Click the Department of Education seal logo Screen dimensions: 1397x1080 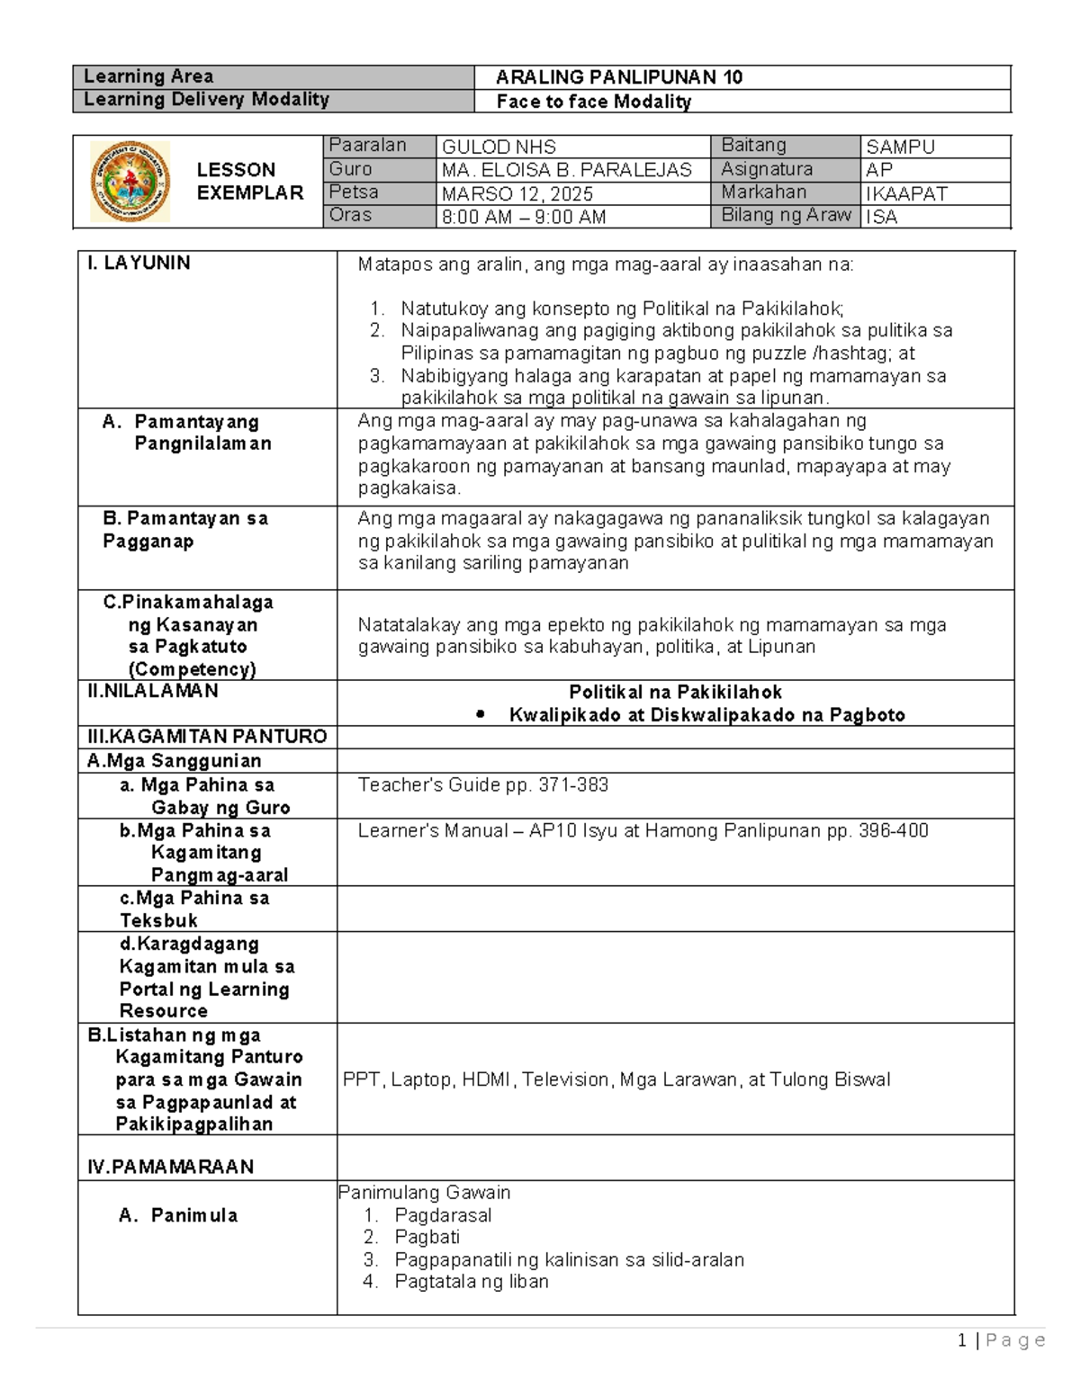pyautogui.click(x=130, y=182)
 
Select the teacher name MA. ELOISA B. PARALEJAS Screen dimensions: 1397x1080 pyautogui.click(x=566, y=170)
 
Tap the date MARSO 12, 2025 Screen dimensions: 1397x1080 pyautogui.click(x=517, y=193)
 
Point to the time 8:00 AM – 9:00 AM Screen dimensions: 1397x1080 pyautogui.click(x=523, y=217)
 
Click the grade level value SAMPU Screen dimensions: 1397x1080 pyautogui.click(x=900, y=148)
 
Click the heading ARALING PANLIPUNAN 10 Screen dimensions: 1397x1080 pyautogui.click(x=619, y=77)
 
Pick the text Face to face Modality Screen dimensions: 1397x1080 pyautogui.click(x=594, y=102)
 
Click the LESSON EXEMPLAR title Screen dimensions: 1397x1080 pyautogui.click(x=249, y=181)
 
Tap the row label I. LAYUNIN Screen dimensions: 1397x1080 pyautogui.click(x=139, y=263)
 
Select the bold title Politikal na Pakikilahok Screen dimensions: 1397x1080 pyautogui.click(x=675, y=692)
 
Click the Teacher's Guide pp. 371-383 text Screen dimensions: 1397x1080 pyautogui.click(x=483, y=785)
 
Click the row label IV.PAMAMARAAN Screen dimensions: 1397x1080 pyautogui.click(x=170, y=1167)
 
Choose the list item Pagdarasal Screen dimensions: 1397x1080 pyautogui.click(x=443, y=1215)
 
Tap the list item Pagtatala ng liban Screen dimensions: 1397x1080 pyautogui.click(x=472, y=1282)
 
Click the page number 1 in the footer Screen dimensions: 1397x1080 pyautogui.click(x=962, y=1341)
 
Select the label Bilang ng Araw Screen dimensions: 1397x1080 pyautogui.click(x=786, y=215)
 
